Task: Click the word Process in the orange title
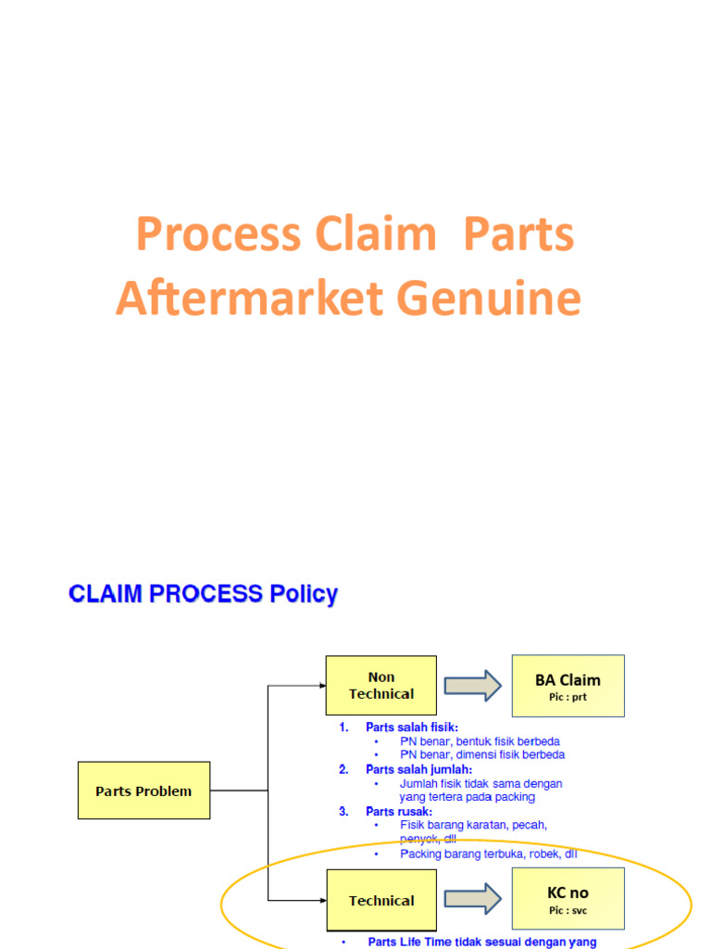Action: click(218, 234)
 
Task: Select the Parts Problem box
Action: click(143, 791)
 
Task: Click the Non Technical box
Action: click(380, 686)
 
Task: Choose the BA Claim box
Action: click(568, 685)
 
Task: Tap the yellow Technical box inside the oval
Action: click(380, 900)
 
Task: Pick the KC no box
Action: click(568, 899)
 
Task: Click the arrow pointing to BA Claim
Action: click(472, 686)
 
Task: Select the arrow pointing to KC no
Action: click(472, 899)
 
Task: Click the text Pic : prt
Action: click(568, 697)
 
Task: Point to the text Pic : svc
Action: click(568, 911)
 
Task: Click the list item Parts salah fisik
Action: click(411, 728)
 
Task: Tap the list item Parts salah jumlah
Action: click(418, 769)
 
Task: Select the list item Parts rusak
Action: click(399, 811)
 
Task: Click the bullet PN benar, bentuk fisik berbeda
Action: click(480, 741)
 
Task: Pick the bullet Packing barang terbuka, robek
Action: click(488, 854)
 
